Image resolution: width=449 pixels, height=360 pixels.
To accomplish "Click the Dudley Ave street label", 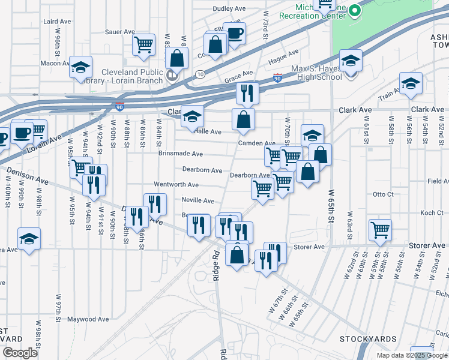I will (x=230, y=9).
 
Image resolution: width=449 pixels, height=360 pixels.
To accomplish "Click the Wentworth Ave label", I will (x=176, y=185).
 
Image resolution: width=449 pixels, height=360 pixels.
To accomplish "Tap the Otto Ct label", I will (x=382, y=194).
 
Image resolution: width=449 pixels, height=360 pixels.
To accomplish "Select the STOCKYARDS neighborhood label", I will (x=368, y=339).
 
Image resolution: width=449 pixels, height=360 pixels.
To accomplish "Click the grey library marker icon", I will (x=172, y=76).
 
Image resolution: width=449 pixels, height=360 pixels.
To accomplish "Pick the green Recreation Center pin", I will (x=355, y=10).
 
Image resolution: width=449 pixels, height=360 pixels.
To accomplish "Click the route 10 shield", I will (x=199, y=74).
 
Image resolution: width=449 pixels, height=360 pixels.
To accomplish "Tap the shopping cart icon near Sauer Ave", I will (x=143, y=44).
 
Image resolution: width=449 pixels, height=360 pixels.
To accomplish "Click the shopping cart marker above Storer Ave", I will (x=381, y=229).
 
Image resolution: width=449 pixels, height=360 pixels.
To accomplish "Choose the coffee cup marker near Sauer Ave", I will (x=235, y=34).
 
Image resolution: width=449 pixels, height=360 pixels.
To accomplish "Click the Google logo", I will (x=20, y=353).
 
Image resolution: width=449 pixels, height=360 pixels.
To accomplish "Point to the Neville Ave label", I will (x=198, y=201).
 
